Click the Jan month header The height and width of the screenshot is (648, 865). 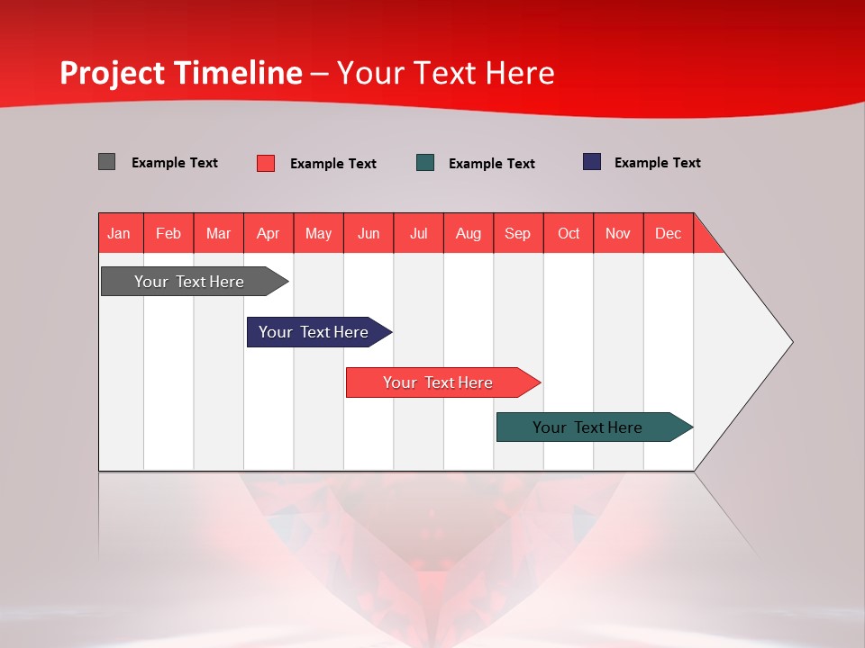tap(120, 233)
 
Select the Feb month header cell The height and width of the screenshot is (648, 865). tap(168, 233)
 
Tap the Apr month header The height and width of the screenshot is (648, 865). tap(269, 233)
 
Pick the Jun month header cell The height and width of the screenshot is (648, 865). tap(369, 233)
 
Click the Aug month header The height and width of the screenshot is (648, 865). tap(469, 233)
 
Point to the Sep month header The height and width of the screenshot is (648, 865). tap(518, 233)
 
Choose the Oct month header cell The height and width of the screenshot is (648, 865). tap(569, 233)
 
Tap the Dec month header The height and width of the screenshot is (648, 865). tap(669, 233)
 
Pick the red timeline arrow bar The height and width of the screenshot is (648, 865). tap(439, 382)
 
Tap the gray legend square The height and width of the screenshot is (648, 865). tap(106, 162)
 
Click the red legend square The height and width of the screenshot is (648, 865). tap(265, 163)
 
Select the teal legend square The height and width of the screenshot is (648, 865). tap(425, 163)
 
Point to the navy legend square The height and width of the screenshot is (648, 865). tap(591, 162)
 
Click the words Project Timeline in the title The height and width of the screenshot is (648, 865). tap(180, 73)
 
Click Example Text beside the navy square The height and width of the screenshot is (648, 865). tap(657, 163)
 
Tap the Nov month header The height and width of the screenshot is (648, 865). tap(618, 233)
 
